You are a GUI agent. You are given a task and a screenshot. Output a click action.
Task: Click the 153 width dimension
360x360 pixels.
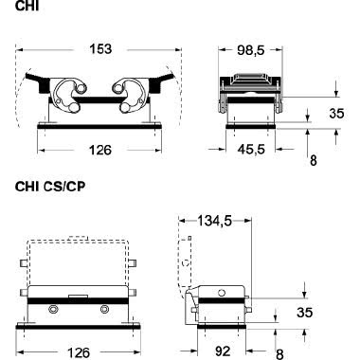pyautogui.click(x=100, y=49)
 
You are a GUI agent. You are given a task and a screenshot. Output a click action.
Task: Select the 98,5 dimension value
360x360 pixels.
pyautogui.click(x=251, y=50)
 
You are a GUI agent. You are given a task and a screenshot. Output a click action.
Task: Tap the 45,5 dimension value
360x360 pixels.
pyautogui.click(x=251, y=149)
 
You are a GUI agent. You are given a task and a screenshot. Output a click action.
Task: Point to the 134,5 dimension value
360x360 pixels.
pyautogui.click(x=215, y=221)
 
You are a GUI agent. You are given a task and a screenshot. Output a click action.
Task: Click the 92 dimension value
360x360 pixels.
pyautogui.click(x=223, y=351)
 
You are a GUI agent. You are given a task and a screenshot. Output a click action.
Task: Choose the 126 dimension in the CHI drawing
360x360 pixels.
pyautogui.click(x=100, y=150)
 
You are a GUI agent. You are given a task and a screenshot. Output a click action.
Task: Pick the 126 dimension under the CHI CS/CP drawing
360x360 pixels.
pyautogui.click(x=79, y=352)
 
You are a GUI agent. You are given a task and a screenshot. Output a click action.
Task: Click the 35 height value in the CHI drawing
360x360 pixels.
pyautogui.click(x=336, y=113)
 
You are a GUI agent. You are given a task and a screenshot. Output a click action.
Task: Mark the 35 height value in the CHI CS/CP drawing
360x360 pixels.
pyautogui.click(x=305, y=312)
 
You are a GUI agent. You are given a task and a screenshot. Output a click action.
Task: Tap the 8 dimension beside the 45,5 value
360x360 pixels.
pyautogui.click(x=313, y=161)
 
